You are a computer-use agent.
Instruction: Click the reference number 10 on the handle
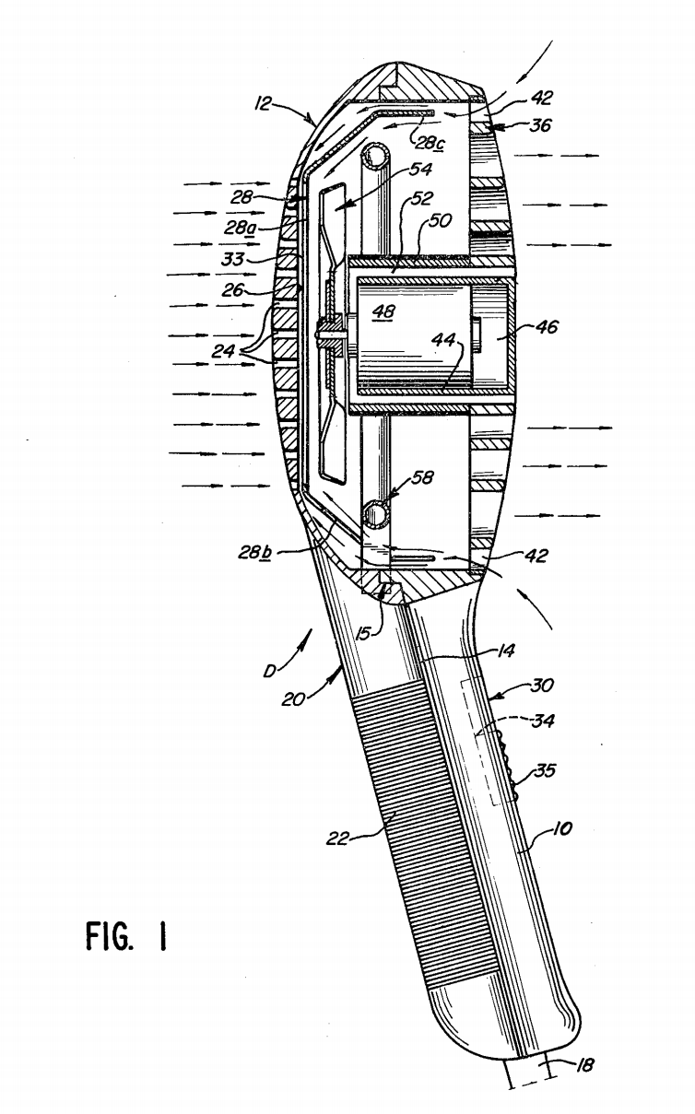(562, 829)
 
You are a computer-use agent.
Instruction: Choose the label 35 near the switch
(545, 772)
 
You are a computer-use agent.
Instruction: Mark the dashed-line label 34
(544, 722)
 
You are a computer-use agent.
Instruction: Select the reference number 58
(424, 478)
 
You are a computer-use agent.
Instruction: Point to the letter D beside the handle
(270, 670)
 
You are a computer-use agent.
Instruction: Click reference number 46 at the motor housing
(547, 326)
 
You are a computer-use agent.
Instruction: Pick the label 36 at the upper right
(539, 124)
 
